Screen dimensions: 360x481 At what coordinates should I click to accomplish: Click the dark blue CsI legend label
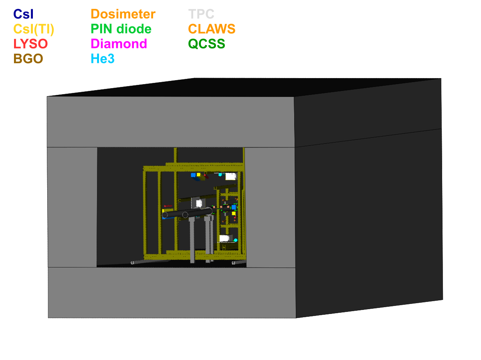click(x=23, y=14)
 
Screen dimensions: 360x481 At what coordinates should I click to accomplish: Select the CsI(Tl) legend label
click(x=34, y=29)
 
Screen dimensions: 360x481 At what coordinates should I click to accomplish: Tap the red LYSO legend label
click(x=30, y=44)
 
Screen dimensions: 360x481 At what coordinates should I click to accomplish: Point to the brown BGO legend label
click(x=28, y=59)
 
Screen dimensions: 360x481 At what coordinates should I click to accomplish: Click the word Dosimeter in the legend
click(x=123, y=14)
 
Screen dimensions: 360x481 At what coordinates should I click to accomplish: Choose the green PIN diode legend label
click(x=121, y=29)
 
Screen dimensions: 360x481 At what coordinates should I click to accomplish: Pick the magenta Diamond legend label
click(x=119, y=44)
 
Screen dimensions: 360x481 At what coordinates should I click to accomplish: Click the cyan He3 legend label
click(x=103, y=59)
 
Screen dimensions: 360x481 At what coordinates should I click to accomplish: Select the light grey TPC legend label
click(x=201, y=14)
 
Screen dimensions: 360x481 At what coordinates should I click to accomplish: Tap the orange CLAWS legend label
click(x=212, y=29)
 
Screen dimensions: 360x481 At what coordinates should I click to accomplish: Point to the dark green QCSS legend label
click(x=206, y=44)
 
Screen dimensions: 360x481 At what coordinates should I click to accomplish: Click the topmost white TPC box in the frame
click(x=230, y=176)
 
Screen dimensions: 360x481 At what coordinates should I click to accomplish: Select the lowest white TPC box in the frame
click(x=224, y=238)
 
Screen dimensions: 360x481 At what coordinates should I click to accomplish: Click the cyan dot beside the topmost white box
click(x=220, y=175)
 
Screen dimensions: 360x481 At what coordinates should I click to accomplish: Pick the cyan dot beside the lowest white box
click(x=236, y=240)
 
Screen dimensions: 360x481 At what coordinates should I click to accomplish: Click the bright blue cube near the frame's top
click(x=193, y=175)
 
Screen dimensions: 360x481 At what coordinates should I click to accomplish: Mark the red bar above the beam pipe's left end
click(x=168, y=206)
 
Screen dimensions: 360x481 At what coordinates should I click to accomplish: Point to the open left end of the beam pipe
click(x=165, y=215)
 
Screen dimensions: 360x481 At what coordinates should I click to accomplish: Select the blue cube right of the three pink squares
click(x=234, y=207)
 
